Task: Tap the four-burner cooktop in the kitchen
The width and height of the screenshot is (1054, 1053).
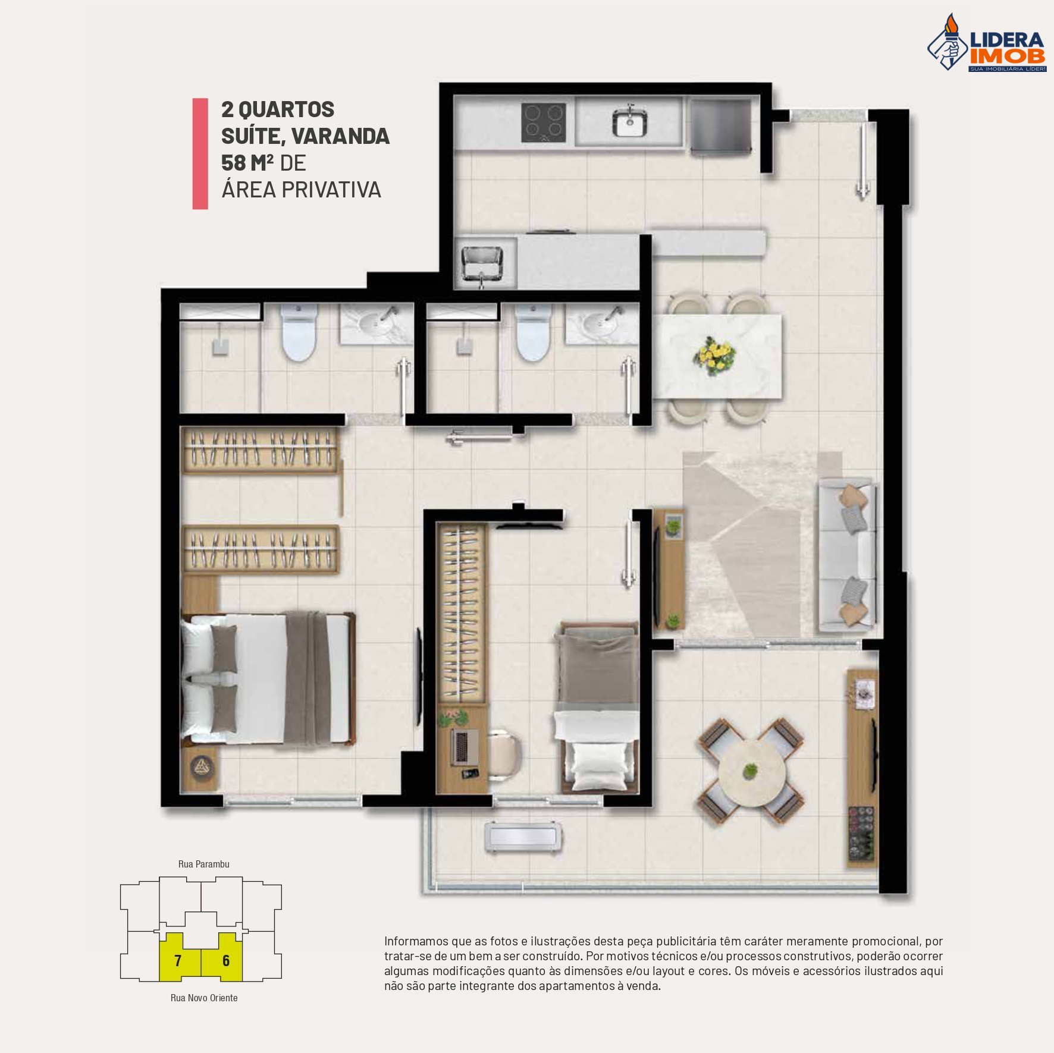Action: pyautogui.click(x=543, y=122)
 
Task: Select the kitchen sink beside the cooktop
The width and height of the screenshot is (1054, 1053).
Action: pyautogui.click(x=629, y=122)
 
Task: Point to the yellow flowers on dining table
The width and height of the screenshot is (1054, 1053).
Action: pyautogui.click(x=714, y=355)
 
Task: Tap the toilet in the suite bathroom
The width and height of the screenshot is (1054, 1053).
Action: pyautogui.click(x=297, y=333)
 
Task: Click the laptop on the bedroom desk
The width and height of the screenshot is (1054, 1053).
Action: pyautogui.click(x=462, y=747)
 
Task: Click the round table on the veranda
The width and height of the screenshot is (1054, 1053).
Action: pyautogui.click(x=751, y=772)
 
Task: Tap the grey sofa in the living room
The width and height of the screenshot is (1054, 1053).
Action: pyautogui.click(x=846, y=554)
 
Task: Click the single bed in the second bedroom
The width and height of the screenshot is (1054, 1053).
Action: pyautogui.click(x=597, y=708)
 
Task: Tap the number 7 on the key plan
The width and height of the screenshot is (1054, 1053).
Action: pyautogui.click(x=177, y=960)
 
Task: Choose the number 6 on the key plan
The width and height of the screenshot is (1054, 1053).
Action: pyautogui.click(x=225, y=960)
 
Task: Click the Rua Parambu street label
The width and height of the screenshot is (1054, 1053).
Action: pyautogui.click(x=203, y=864)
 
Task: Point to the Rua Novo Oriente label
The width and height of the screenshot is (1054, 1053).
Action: pyautogui.click(x=203, y=998)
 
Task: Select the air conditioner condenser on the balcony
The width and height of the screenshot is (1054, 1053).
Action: pyautogui.click(x=523, y=837)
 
